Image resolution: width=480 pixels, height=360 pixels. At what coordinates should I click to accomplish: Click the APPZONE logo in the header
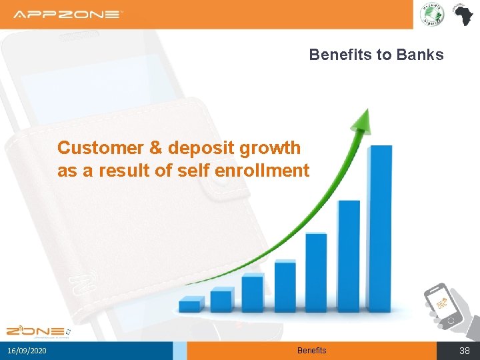[x=68, y=14]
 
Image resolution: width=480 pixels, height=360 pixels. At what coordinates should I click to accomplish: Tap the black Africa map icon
[x=461, y=14]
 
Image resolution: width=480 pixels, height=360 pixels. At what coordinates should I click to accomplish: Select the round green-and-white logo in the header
[x=431, y=15]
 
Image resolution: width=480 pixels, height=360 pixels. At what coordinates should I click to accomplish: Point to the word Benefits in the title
[x=341, y=55]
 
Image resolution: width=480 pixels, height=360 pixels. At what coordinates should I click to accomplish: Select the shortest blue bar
[x=190, y=305]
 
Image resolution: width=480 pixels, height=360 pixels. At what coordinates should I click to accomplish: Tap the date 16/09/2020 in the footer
[x=27, y=351]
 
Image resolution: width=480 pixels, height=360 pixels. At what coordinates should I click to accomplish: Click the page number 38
[x=465, y=351]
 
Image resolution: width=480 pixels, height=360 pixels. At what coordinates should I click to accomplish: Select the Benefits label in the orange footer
[x=311, y=351]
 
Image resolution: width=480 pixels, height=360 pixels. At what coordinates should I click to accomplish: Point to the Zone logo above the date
[x=37, y=331]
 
